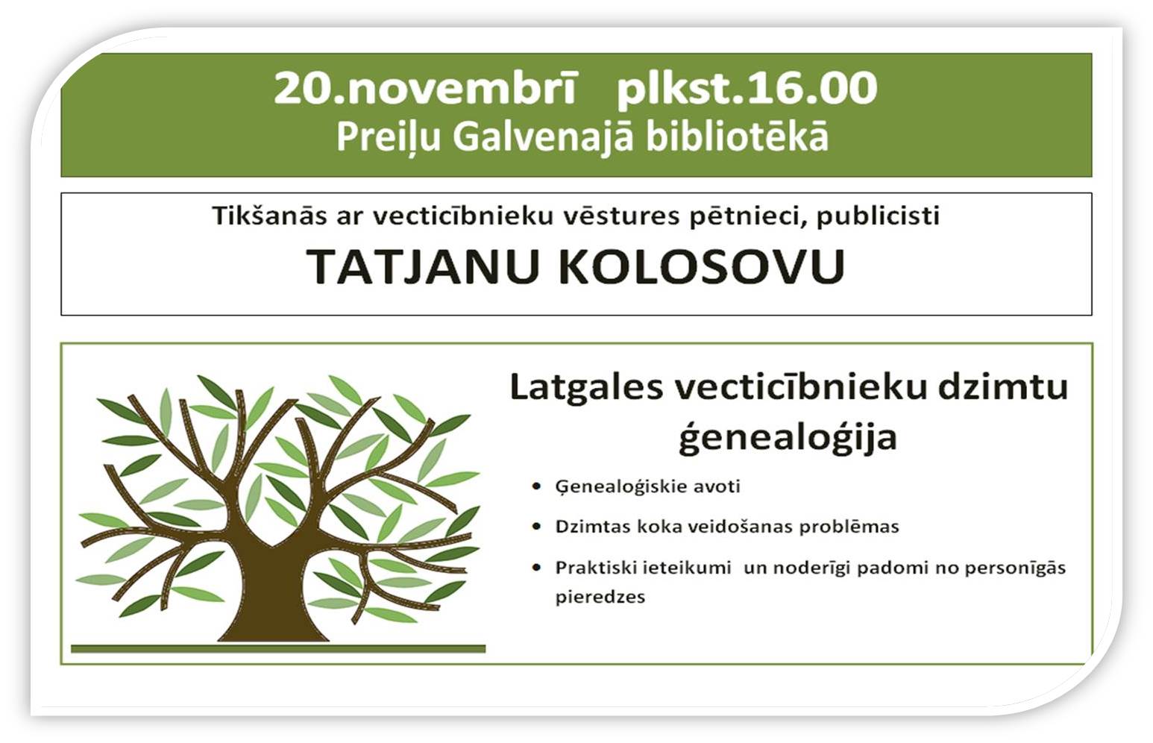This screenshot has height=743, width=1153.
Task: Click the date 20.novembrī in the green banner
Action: click(x=424, y=89)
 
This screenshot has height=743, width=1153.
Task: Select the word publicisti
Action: click(x=878, y=216)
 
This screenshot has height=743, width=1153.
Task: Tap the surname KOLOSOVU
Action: click(x=702, y=266)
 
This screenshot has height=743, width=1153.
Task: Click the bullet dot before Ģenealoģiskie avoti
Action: click(x=537, y=486)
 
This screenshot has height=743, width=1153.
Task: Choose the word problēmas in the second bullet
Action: click(x=849, y=527)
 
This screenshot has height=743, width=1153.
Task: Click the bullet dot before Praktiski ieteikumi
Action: click(x=537, y=568)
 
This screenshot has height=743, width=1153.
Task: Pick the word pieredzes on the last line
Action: click(x=600, y=598)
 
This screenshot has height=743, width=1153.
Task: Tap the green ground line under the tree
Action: click(x=278, y=649)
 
